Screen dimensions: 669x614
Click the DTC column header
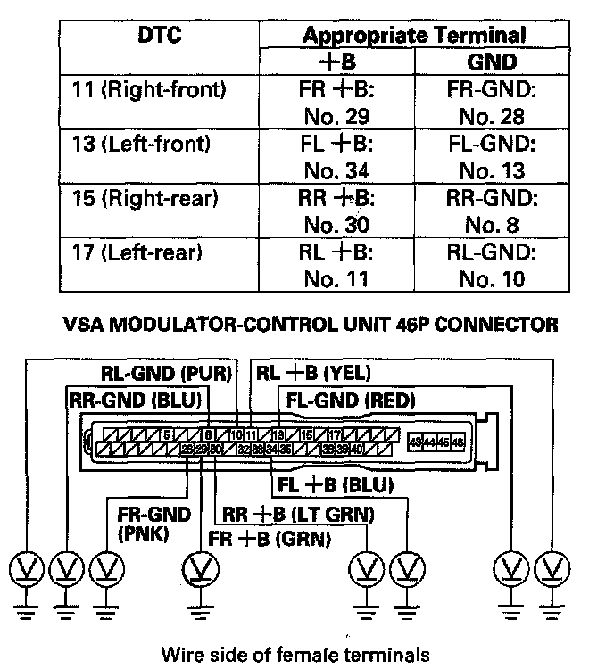161,35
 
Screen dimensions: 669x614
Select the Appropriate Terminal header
413,36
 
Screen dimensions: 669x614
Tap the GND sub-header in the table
491,62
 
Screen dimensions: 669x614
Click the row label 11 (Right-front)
148,89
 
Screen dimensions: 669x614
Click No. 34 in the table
336,170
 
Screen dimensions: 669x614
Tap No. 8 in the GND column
491,225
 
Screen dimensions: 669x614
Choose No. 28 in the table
491,116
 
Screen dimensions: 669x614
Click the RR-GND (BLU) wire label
135,399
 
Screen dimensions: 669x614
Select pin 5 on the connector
166,435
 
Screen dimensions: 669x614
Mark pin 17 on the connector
331,435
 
